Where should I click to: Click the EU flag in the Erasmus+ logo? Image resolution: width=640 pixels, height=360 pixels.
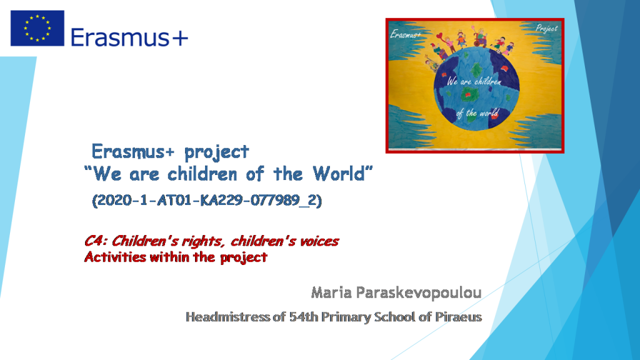[x=37, y=28]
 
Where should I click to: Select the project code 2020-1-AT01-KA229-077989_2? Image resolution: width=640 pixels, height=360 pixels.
[x=207, y=201]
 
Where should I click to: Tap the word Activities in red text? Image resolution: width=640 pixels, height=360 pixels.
[x=112, y=257]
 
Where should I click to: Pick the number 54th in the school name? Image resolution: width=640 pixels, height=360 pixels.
[x=304, y=317]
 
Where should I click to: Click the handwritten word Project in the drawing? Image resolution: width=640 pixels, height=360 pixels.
[x=546, y=29]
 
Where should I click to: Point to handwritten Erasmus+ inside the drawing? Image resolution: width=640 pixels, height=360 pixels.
[x=406, y=34]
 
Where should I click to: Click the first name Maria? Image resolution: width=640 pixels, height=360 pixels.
[x=329, y=292]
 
